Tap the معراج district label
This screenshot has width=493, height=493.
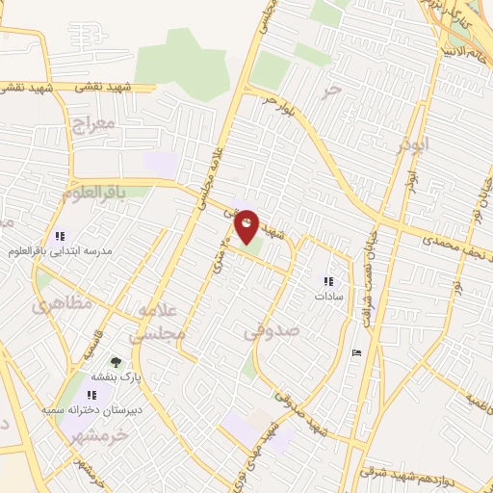[92, 123]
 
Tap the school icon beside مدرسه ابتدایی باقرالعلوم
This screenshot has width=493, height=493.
[60, 236]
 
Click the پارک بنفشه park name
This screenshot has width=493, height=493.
[117, 377]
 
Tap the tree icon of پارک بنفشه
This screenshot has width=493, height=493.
[117, 362]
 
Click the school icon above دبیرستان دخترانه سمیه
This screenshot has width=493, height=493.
[91, 395]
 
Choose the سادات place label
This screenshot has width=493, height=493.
[328, 297]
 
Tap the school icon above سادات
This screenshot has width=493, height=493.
[328, 281]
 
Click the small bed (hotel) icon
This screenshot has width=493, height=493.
[357, 351]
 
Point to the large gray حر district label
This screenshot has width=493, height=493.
[333, 92]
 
